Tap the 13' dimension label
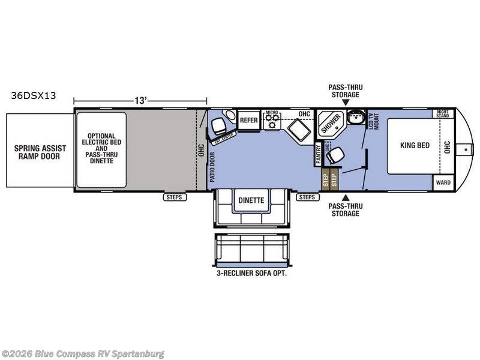pos(141,101)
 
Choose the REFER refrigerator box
pos(248,120)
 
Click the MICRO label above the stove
pos(273,113)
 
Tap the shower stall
pos(330,124)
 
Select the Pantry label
pos(318,155)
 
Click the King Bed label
pos(415,145)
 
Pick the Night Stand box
pos(443,113)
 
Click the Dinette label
pos(251,200)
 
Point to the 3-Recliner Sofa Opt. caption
pos(251,273)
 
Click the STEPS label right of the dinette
pos(307,197)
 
